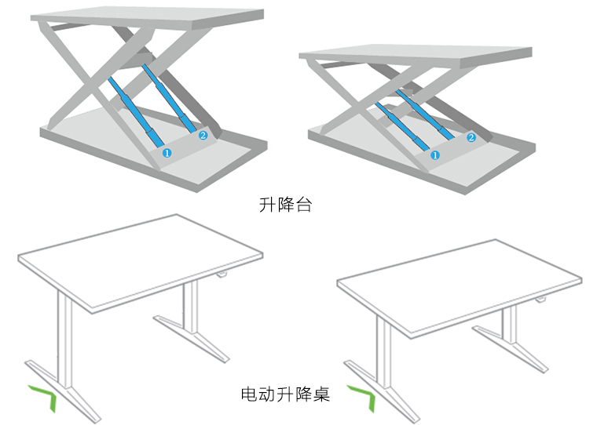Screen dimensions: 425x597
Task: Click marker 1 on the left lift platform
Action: pyautogui.click(x=166, y=154)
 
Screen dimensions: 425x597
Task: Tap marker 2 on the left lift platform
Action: pyautogui.click(x=203, y=136)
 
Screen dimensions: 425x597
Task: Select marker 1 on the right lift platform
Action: pyautogui.click(x=435, y=155)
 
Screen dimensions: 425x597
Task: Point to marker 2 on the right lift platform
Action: pyautogui.click(x=471, y=137)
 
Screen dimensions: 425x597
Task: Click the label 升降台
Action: pyautogui.click(x=286, y=205)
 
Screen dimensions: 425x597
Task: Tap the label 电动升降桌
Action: pyautogui.click(x=285, y=394)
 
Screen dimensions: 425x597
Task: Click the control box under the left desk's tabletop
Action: pyautogui.click(x=222, y=275)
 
